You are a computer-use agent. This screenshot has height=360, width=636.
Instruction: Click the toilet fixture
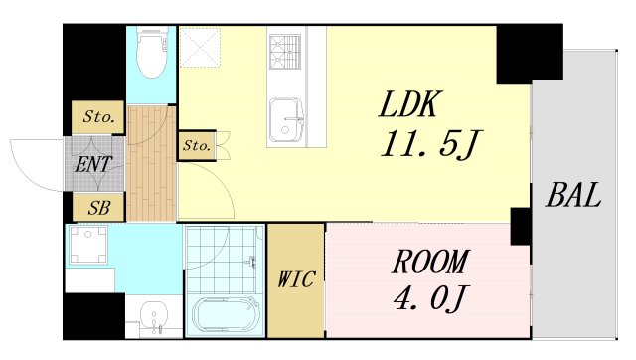point(152,51)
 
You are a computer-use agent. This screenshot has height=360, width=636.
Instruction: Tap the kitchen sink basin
point(286,120)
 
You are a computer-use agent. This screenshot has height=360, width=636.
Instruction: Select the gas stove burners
point(285,52)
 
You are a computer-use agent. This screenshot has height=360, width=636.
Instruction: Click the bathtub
point(226,316)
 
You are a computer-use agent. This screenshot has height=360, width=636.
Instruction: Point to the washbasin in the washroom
point(154,314)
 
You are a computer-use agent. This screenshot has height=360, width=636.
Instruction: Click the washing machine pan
point(88,245)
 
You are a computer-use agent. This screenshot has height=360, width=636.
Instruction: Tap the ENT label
point(93,164)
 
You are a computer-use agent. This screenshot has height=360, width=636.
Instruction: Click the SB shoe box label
point(99,208)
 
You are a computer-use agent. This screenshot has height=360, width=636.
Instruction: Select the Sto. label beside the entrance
point(98,117)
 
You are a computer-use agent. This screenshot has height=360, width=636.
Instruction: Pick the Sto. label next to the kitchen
point(197,145)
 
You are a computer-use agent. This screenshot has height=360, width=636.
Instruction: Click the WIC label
point(296,279)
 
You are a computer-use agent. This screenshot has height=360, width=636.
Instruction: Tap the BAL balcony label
point(573,195)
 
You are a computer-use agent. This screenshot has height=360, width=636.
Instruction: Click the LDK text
point(408,104)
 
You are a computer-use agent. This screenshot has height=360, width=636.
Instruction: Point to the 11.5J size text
point(430,144)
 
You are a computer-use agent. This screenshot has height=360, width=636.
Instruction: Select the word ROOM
point(430,262)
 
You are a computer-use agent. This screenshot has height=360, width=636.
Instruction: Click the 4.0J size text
point(430,298)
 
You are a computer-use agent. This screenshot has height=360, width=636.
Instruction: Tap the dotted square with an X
point(200,47)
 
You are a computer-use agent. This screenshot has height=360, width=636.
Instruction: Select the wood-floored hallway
point(151,163)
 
